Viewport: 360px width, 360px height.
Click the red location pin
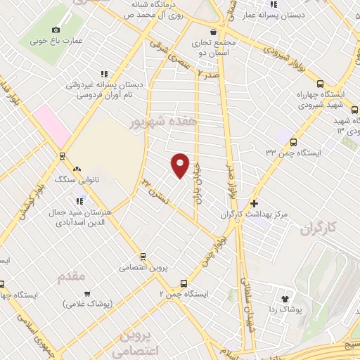180,165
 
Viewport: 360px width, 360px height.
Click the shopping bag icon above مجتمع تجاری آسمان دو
214,31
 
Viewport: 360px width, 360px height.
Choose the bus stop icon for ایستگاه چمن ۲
184,283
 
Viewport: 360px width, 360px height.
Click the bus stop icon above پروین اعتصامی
143,257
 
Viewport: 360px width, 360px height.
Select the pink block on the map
51,125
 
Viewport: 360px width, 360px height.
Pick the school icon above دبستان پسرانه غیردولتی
104,74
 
